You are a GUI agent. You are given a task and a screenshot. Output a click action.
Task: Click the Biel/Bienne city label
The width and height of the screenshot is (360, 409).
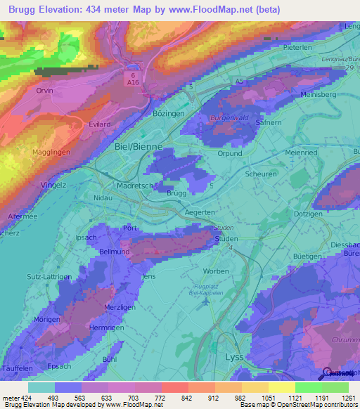(x=138, y=147)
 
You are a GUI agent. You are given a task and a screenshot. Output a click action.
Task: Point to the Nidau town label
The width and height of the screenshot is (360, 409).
(x=103, y=198)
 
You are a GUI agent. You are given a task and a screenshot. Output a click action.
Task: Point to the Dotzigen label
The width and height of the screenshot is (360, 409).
(x=310, y=213)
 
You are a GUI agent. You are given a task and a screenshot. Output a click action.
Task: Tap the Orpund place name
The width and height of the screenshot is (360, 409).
(x=230, y=153)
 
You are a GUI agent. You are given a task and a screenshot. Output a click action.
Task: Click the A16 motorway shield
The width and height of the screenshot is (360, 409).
(x=131, y=81)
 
